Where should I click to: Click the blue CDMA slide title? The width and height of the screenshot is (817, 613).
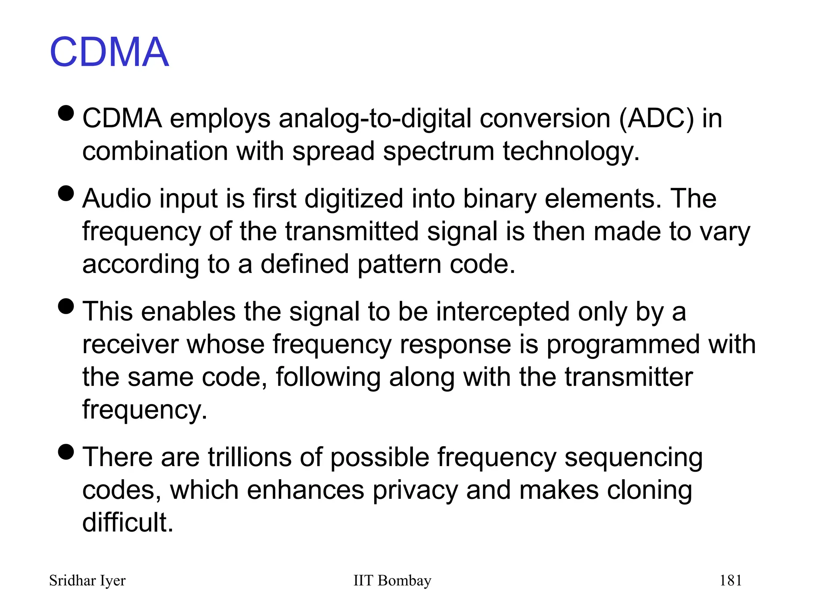(109, 52)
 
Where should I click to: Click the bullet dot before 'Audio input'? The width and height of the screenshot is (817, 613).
(66, 193)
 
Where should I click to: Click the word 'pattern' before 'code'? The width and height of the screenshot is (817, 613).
(399, 264)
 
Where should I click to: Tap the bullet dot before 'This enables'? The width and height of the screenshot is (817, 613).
(66, 306)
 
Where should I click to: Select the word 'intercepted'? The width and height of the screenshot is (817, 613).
(503, 312)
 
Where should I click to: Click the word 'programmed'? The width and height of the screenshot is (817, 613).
(623, 344)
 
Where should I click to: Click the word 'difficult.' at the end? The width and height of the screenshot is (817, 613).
(128, 522)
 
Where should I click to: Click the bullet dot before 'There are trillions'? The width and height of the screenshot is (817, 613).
(66, 452)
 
